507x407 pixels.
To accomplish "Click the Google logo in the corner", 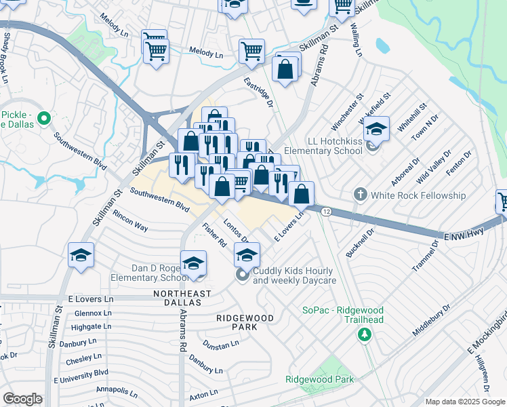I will [22, 399].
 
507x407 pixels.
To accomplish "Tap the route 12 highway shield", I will [326, 212].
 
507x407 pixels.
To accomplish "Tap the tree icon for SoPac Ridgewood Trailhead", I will [365, 334].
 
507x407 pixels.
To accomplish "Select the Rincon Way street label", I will [131, 225].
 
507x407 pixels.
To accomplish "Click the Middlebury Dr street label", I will [431, 321].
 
